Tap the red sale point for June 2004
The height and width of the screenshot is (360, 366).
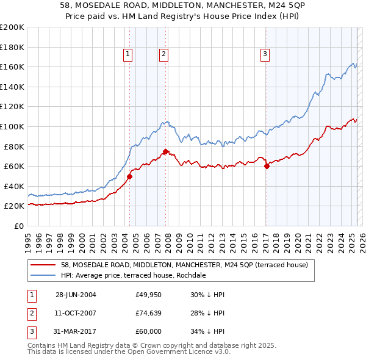coord(129,176)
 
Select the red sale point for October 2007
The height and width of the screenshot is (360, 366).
coord(165,152)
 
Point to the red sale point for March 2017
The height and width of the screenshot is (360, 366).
coord(267,166)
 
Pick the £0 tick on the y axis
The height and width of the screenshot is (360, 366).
coord(20,226)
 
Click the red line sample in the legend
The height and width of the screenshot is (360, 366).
coord(43,265)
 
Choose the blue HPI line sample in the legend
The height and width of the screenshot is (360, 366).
coord(43,275)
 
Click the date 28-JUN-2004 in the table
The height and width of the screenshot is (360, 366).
coord(76,295)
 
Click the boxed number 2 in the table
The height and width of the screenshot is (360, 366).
coord(31,313)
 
